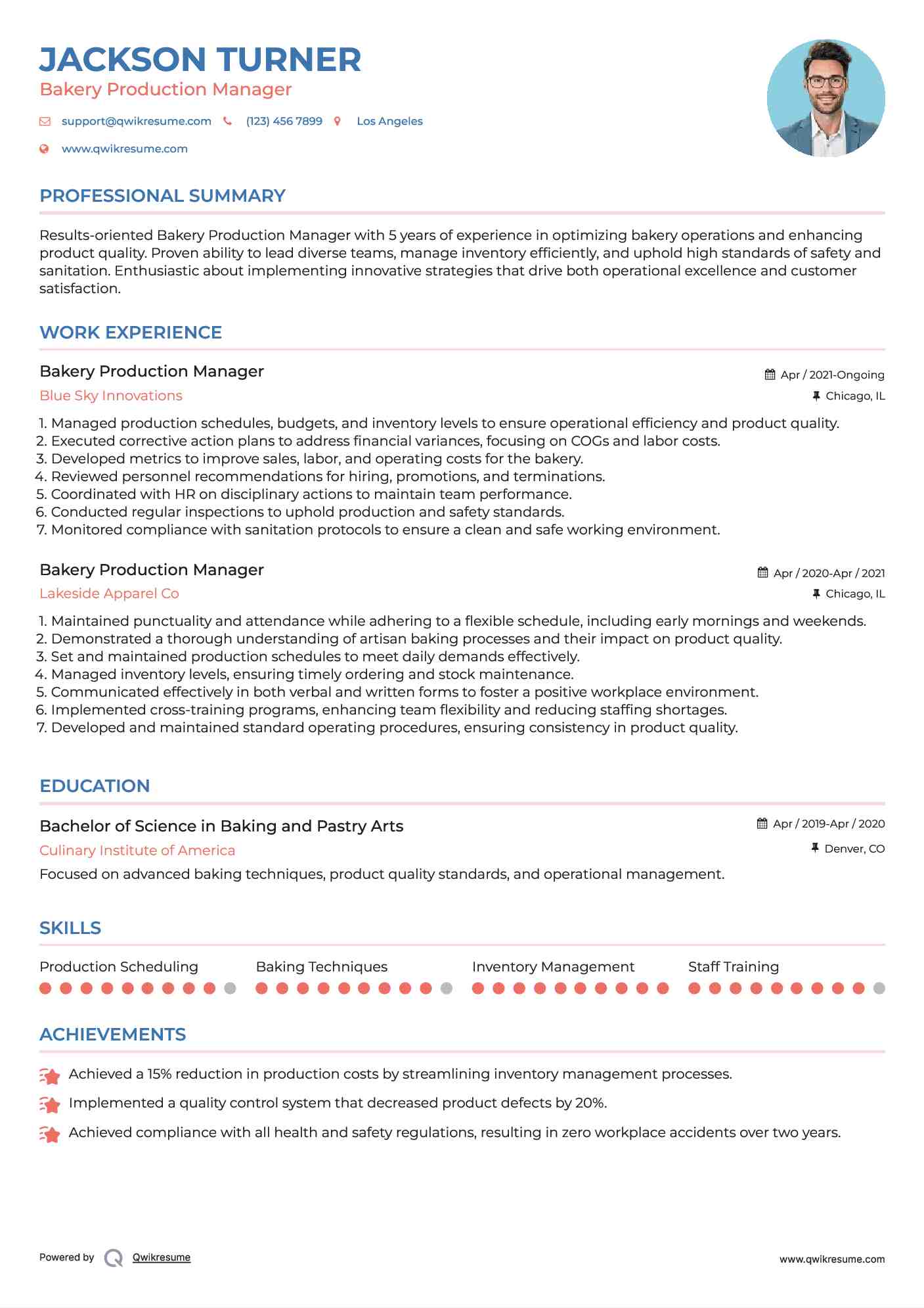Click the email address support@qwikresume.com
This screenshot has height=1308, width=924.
click(136, 121)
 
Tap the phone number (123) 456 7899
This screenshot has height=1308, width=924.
click(284, 121)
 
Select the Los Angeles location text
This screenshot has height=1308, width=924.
click(389, 121)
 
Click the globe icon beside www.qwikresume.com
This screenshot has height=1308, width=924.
click(45, 149)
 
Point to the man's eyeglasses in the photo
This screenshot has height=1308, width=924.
click(825, 82)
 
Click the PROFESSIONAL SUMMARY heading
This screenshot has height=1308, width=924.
click(162, 196)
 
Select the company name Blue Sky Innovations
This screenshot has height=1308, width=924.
click(111, 396)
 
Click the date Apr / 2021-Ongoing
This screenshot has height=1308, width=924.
click(832, 375)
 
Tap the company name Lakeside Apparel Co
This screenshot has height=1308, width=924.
click(109, 594)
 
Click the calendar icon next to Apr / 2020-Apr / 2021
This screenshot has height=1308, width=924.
click(762, 572)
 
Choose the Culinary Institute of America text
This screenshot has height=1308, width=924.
click(137, 851)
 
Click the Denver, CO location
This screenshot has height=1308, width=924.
click(854, 849)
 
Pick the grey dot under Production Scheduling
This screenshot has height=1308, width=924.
click(230, 988)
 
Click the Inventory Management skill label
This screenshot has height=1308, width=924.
click(553, 967)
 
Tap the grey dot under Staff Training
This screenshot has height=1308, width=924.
click(879, 988)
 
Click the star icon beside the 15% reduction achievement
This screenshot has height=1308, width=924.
click(50, 1076)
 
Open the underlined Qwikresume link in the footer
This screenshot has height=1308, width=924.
click(162, 1257)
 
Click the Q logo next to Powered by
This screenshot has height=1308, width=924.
click(114, 1258)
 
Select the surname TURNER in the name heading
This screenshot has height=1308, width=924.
click(289, 60)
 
